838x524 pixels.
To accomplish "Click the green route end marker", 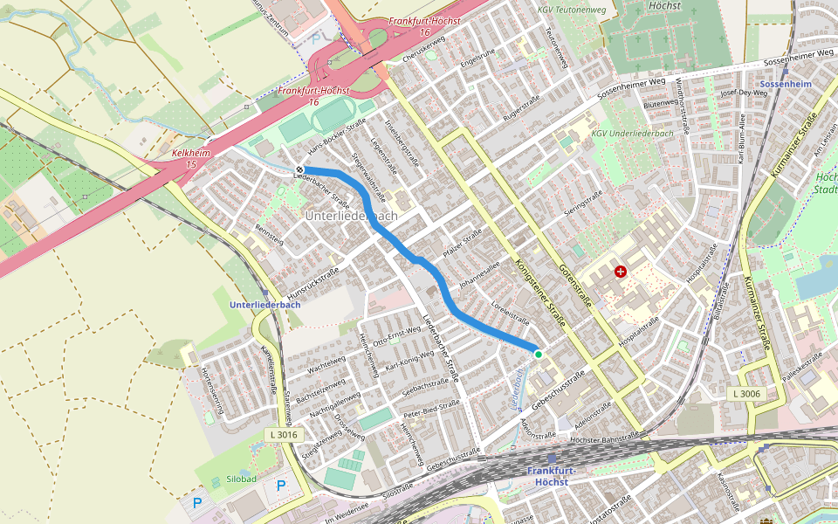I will click(x=539, y=354).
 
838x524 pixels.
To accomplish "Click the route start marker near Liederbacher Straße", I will click(x=299, y=169).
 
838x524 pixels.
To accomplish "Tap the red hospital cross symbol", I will click(x=621, y=272).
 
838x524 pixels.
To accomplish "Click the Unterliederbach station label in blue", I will click(x=265, y=305).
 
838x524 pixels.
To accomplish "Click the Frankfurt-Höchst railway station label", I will click(x=552, y=476).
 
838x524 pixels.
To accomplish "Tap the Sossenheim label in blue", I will click(x=786, y=84).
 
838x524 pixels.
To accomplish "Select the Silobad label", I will click(x=240, y=479).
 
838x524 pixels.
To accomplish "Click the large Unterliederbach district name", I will click(x=351, y=215).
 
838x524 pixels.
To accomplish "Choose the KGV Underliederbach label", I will click(x=625, y=134).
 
